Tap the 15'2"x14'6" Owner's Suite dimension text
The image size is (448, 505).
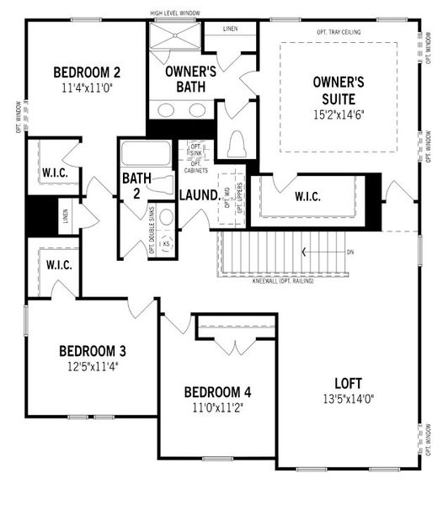click(x=338, y=112)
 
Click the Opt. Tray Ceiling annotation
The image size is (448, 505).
click(x=339, y=31)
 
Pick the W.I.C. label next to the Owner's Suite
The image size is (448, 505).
click(x=307, y=197)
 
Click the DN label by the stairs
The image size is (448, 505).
click(x=350, y=252)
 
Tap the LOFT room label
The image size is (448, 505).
click(x=348, y=380)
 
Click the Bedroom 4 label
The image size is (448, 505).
click(x=217, y=392)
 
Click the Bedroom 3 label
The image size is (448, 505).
click(x=93, y=350)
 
